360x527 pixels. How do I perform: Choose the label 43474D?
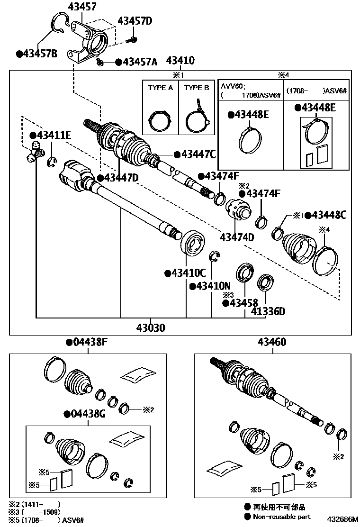tap(237, 237)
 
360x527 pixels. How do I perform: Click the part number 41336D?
tap(268, 311)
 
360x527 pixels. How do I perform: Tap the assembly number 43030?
tap(151, 327)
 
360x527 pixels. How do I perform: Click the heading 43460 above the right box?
tap(272, 342)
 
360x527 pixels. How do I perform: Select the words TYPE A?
tap(161, 88)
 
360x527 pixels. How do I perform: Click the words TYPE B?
tap(197, 88)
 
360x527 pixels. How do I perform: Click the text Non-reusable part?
tap(281, 517)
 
